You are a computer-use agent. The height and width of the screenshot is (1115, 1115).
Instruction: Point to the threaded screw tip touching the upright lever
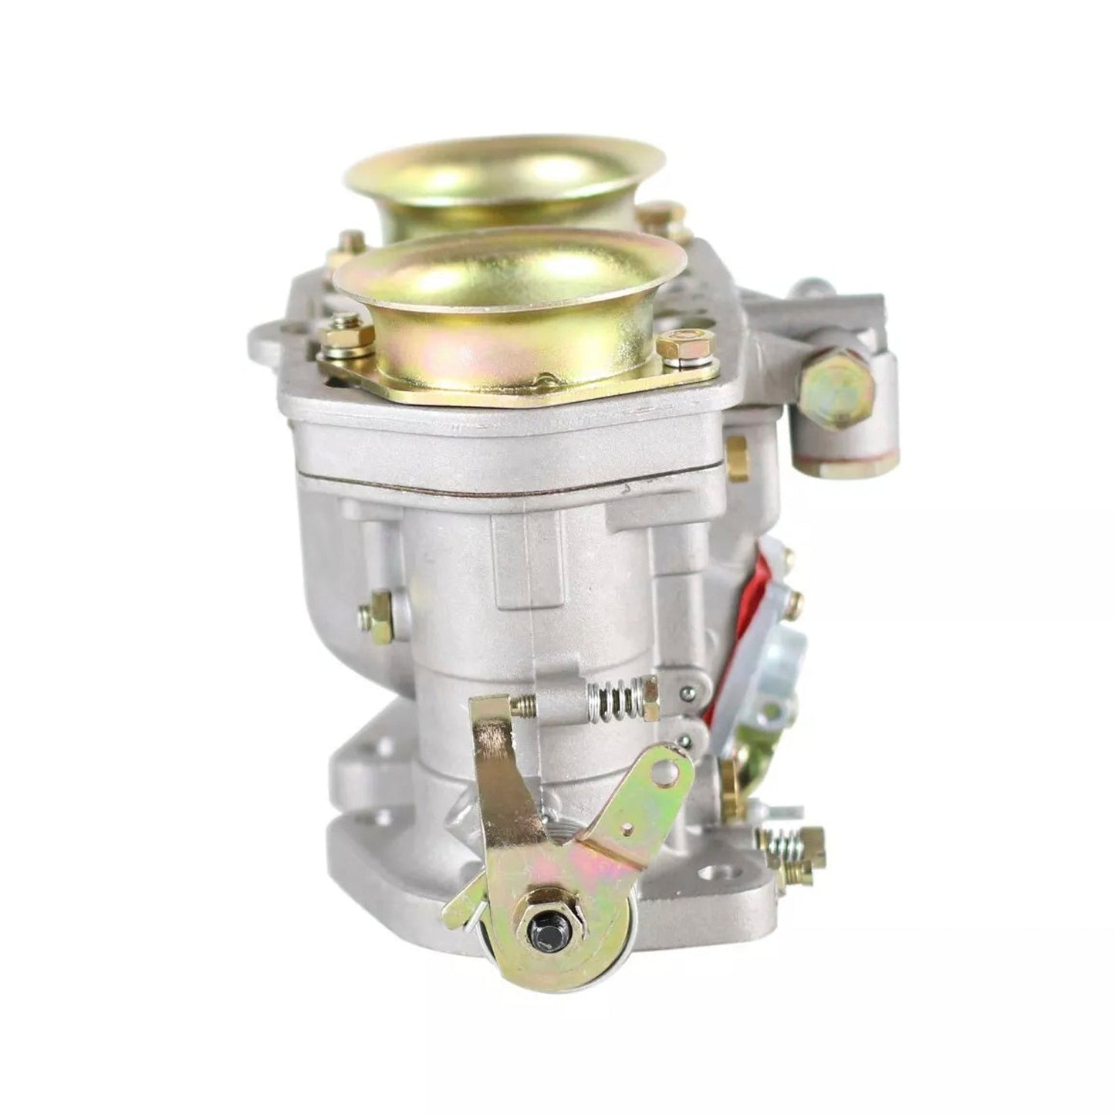pos(525,703)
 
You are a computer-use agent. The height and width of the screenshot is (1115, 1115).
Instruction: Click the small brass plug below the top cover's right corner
pos(736,458)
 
